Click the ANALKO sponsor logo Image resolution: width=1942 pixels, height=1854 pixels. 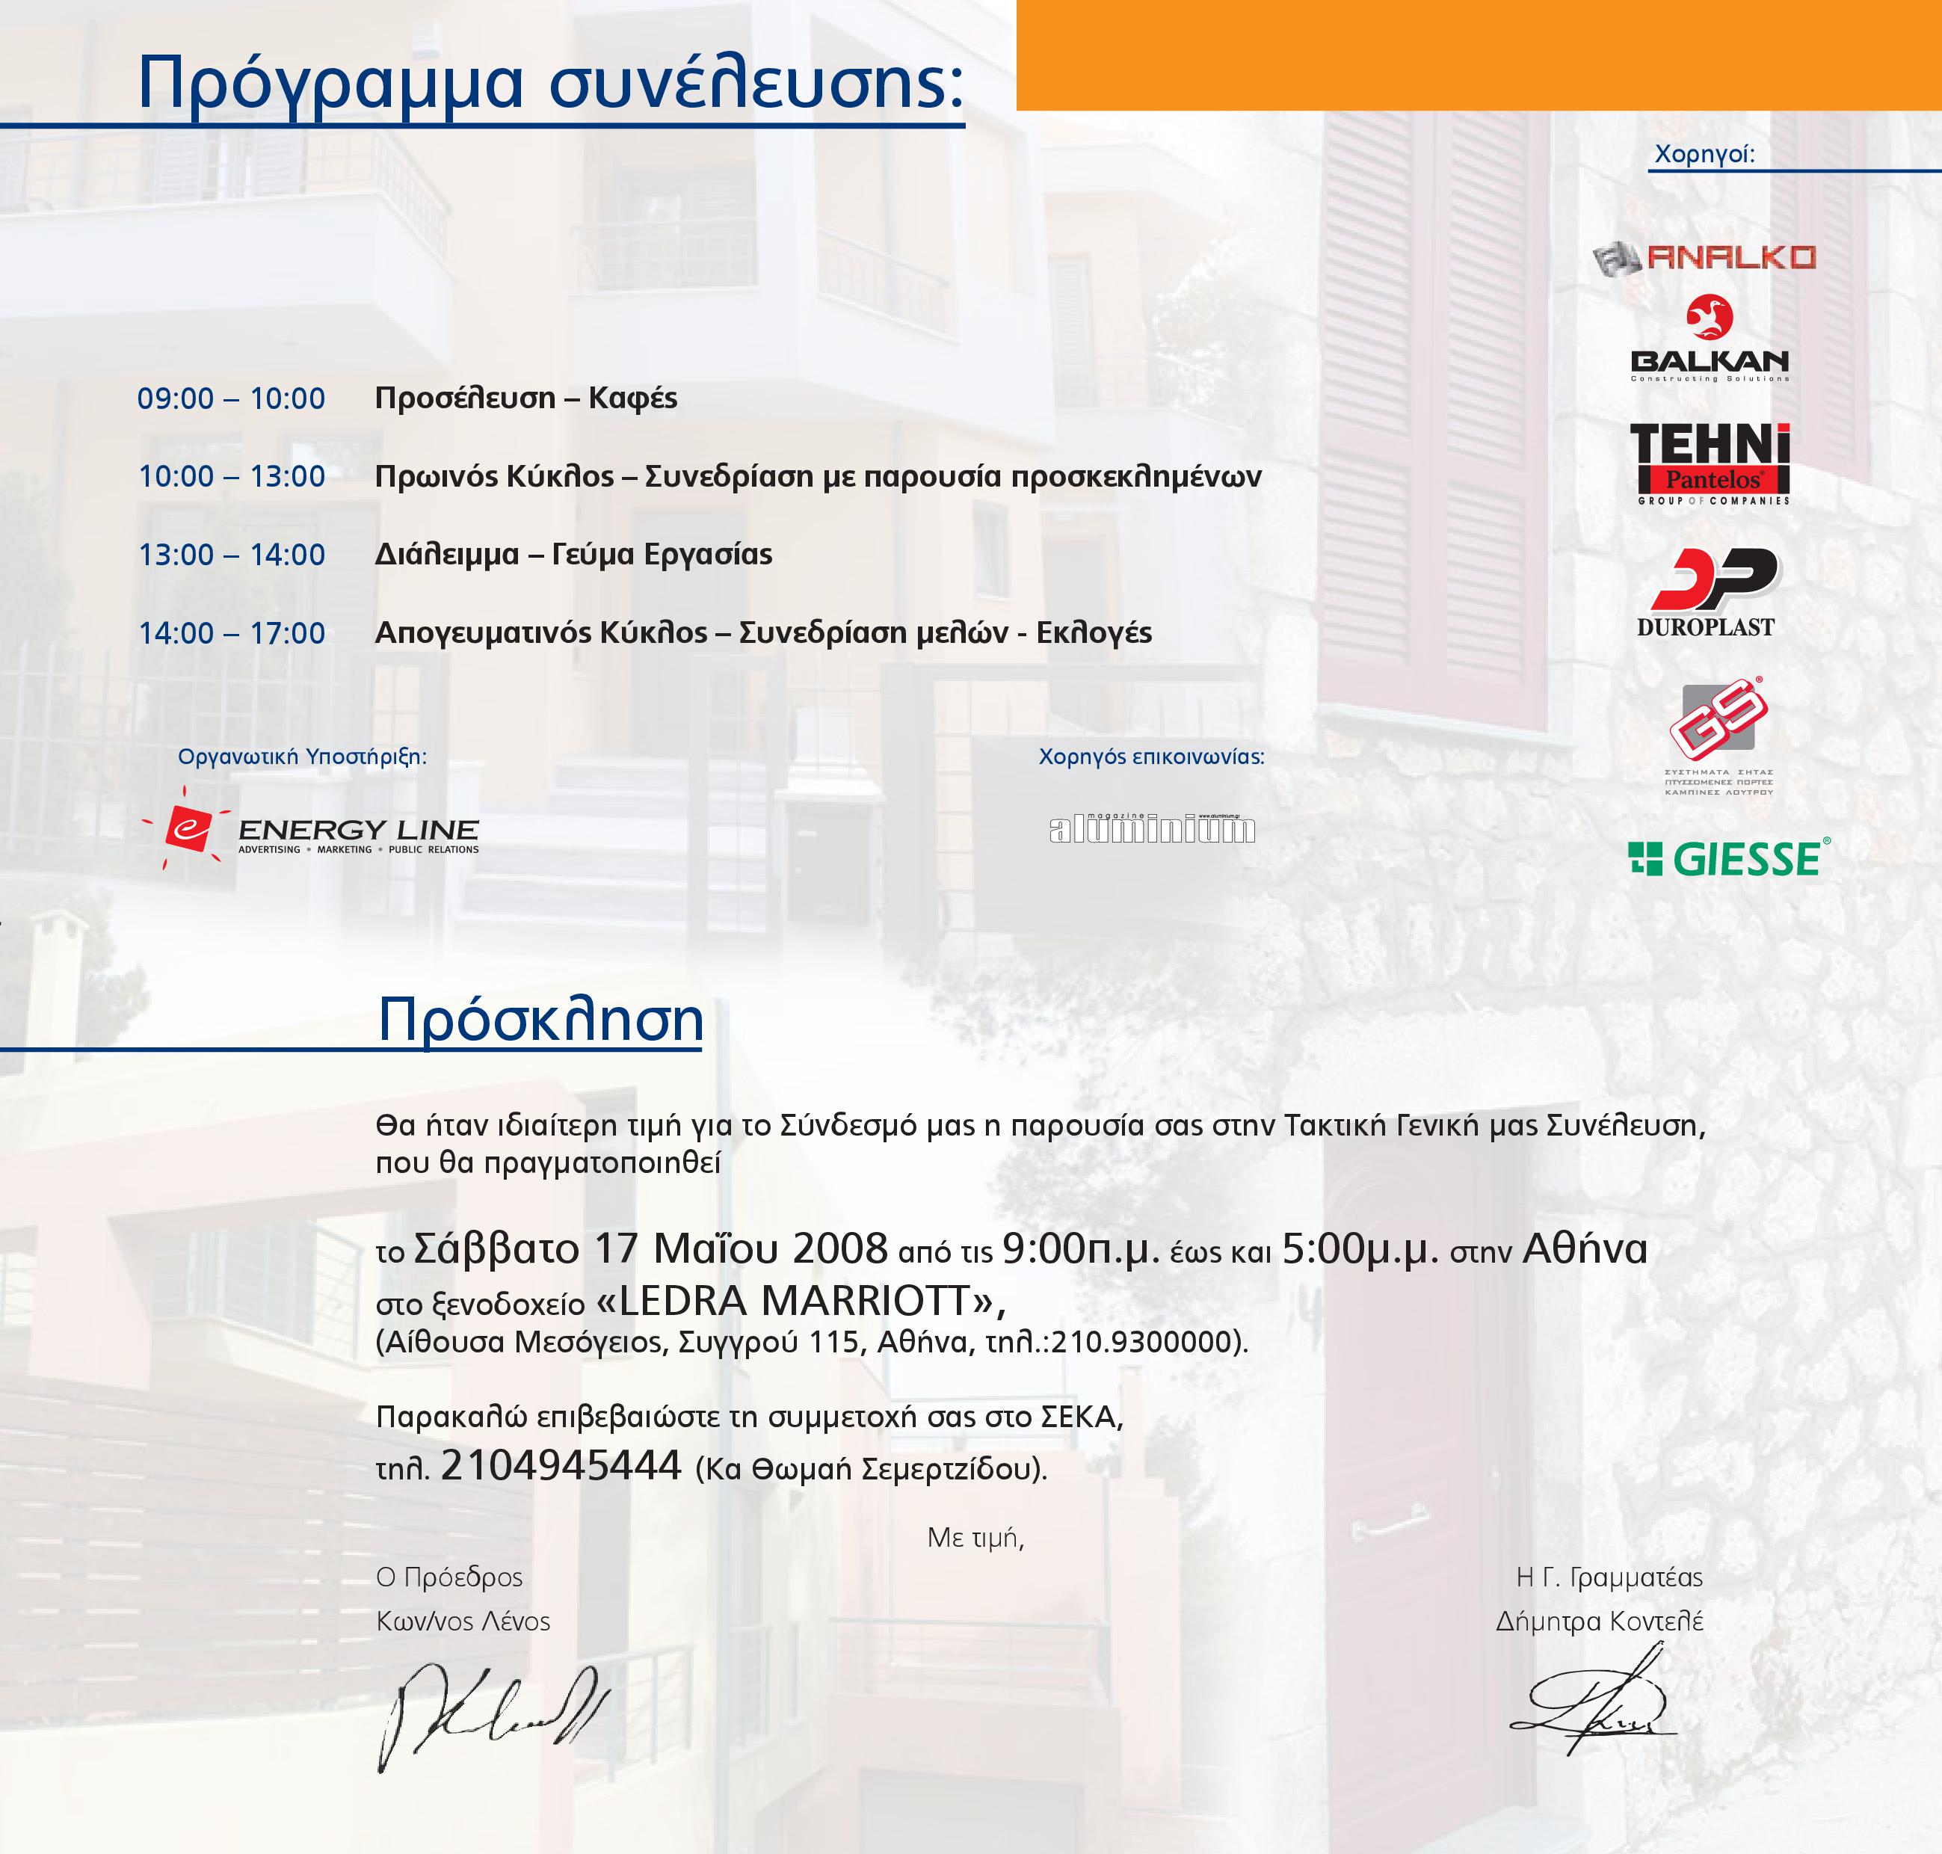pyautogui.click(x=1705, y=258)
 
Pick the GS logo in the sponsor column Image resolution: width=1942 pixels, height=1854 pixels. pyautogui.click(x=1718, y=736)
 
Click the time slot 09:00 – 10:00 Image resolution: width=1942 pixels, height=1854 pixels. pyautogui.click(x=231, y=398)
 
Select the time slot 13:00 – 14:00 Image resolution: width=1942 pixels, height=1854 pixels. pyautogui.click(x=231, y=555)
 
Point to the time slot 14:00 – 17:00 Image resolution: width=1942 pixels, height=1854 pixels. pyautogui.click(x=231, y=632)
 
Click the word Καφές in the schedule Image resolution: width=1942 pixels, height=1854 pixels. pyautogui.click(x=632, y=398)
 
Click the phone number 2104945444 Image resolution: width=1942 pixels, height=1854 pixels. pyautogui.click(x=561, y=1465)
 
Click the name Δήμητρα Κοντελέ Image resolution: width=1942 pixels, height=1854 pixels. pyautogui.click(x=1599, y=1622)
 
